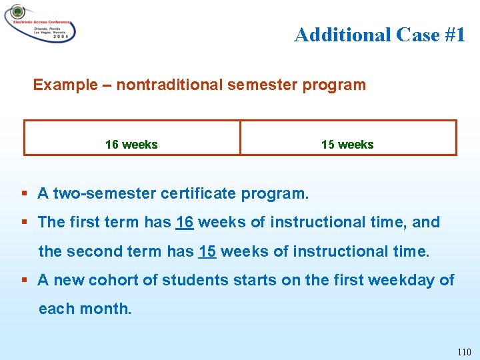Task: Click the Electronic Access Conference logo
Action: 39,23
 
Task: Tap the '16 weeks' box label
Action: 131,145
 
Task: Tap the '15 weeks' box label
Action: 347,145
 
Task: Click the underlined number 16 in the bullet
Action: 185,223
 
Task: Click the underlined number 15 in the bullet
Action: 207,252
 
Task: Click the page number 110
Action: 464,352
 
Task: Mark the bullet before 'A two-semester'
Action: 24,194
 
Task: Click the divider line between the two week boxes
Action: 240,137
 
